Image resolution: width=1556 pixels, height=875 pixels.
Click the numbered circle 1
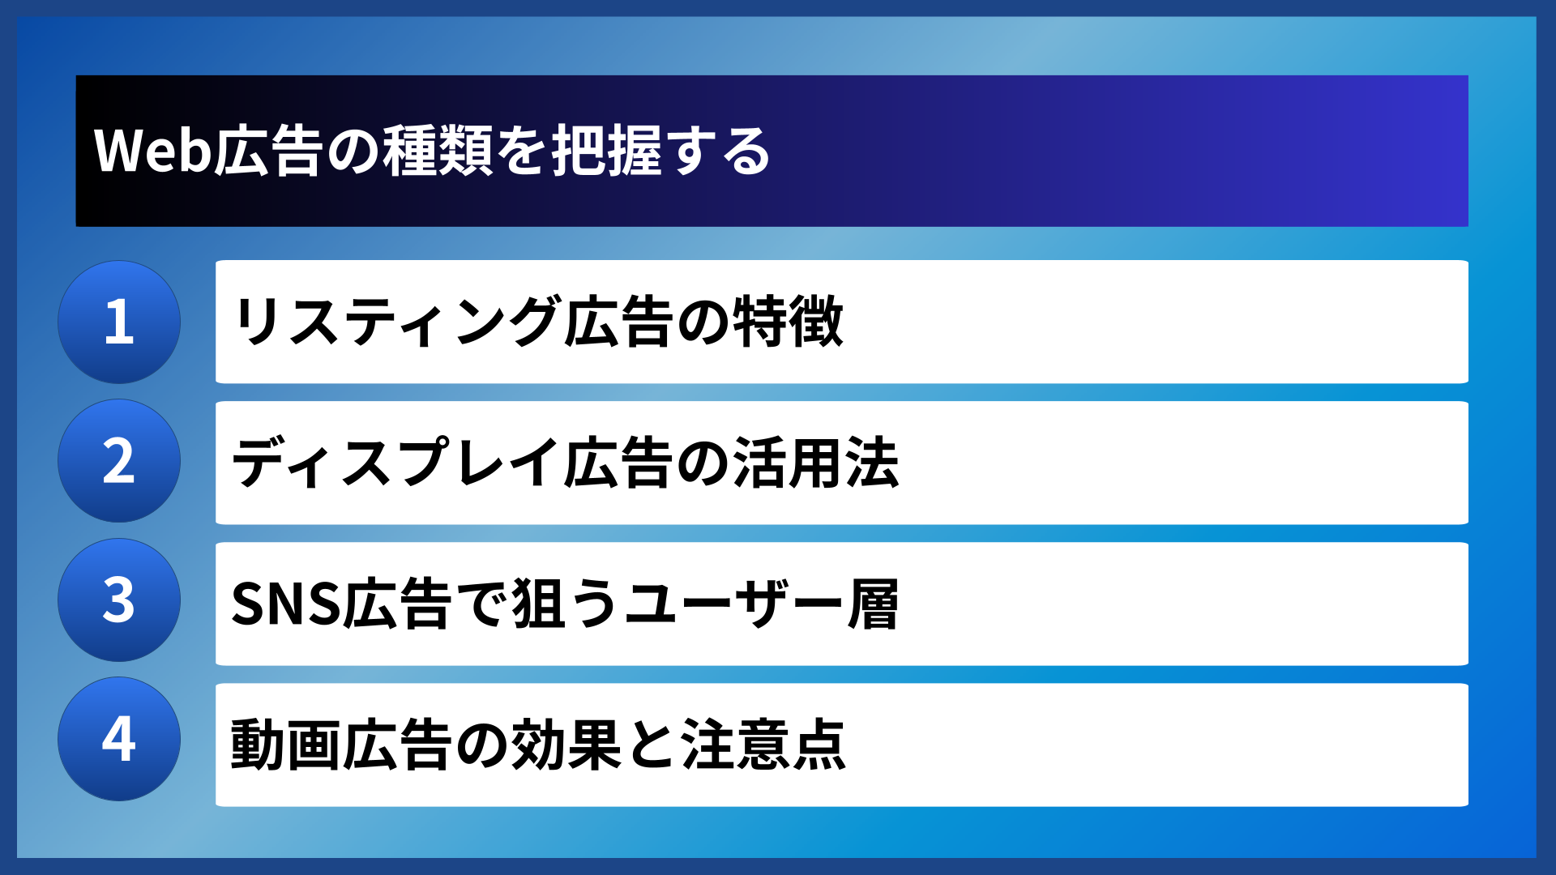pyautogui.click(x=119, y=322)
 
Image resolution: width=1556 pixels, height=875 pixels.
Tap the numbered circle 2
pyautogui.click(x=119, y=461)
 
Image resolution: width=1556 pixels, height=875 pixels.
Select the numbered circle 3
pyautogui.click(x=119, y=600)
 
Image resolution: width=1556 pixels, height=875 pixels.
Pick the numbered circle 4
pyautogui.click(x=119, y=739)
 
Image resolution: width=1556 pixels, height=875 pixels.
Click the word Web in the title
pyautogui.click(x=153, y=152)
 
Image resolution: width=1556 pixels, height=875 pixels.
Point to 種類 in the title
pyautogui.click(x=438, y=152)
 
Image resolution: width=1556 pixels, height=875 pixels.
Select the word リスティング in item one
pyautogui.click(x=396, y=322)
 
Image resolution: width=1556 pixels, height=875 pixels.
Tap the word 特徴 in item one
pyautogui.click(x=788, y=322)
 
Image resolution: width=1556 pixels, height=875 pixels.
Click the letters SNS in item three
pyautogui.click(x=284, y=604)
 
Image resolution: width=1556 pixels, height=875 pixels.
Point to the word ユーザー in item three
pyautogui.click(x=733, y=604)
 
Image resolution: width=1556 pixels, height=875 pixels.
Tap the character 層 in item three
pyautogui.click(x=873, y=604)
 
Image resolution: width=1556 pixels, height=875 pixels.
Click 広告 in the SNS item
pyautogui.click(x=396, y=604)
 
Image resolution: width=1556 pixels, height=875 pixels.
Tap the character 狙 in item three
pyautogui.click(x=538, y=604)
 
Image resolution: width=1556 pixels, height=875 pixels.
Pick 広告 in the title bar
pyautogui.click(x=268, y=152)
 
